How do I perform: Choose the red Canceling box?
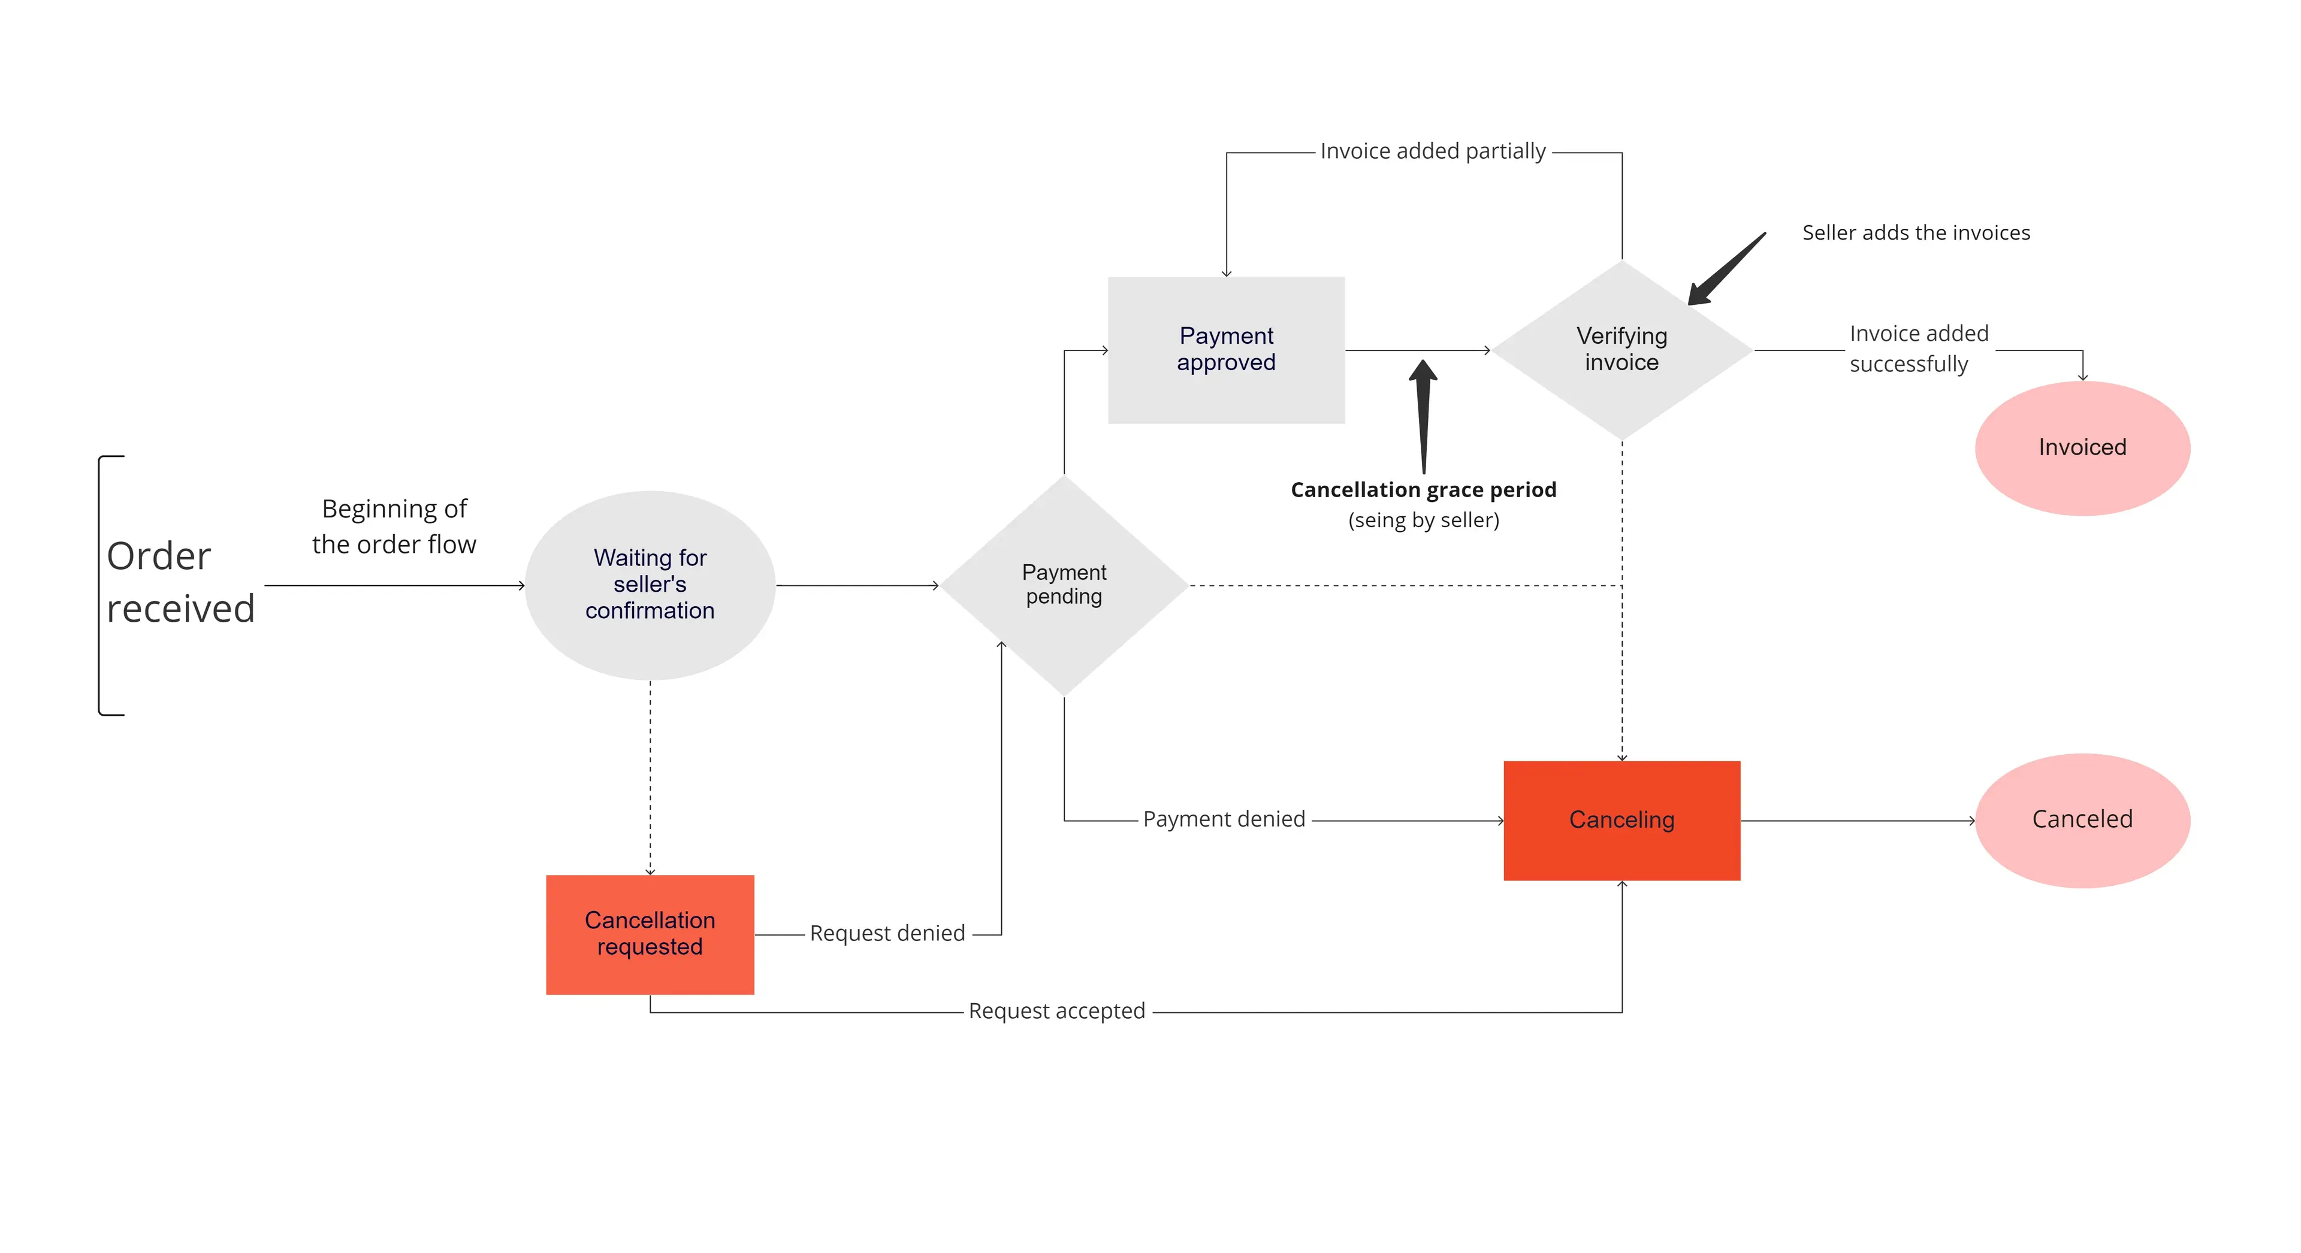(x=1621, y=820)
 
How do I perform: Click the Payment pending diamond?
(x=1063, y=585)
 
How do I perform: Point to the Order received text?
(x=180, y=582)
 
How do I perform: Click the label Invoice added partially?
(x=1432, y=152)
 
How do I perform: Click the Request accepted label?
(x=1056, y=1011)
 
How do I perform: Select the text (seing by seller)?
(x=1423, y=520)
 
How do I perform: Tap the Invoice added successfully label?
(x=1917, y=349)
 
